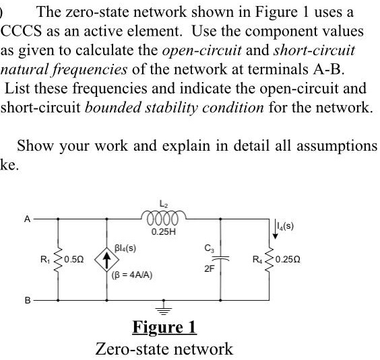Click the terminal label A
(28, 218)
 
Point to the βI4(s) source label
(127, 248)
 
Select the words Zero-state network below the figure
(164, 348)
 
